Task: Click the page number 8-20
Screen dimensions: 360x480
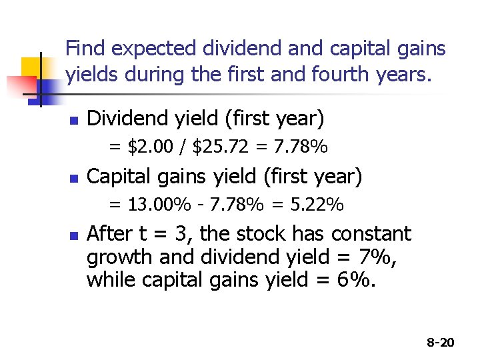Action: click(x=441, y=343)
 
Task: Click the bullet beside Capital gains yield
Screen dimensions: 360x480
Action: click(x=74, y=179)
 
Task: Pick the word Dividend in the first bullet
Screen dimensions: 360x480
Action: click(x=119, y=119)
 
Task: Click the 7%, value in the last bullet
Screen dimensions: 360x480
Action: click(x=377, y=257)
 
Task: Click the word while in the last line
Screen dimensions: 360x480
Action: click(x=107, y=280)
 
